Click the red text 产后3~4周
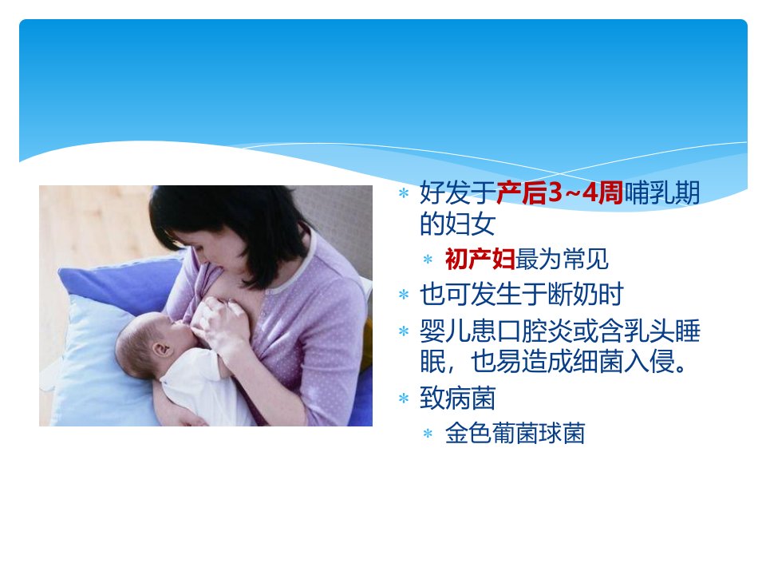tap(560, 192)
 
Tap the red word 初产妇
tap(480, 259)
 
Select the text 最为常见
tap(562, 259)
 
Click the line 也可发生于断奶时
tap(521, 295)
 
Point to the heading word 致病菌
tap(458, 398)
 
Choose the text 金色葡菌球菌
tap(515, 433)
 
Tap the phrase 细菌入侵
tap(623, 361)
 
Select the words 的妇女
tap(458, 224)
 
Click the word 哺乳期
tap(662, 192)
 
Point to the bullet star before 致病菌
tap(404, 398)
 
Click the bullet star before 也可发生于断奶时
tap(404, 295)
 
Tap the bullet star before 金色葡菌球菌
tap(428, 433)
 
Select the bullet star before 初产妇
tap(428, 259)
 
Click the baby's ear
tap(162, 349)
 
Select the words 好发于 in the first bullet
tap(458, 192)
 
